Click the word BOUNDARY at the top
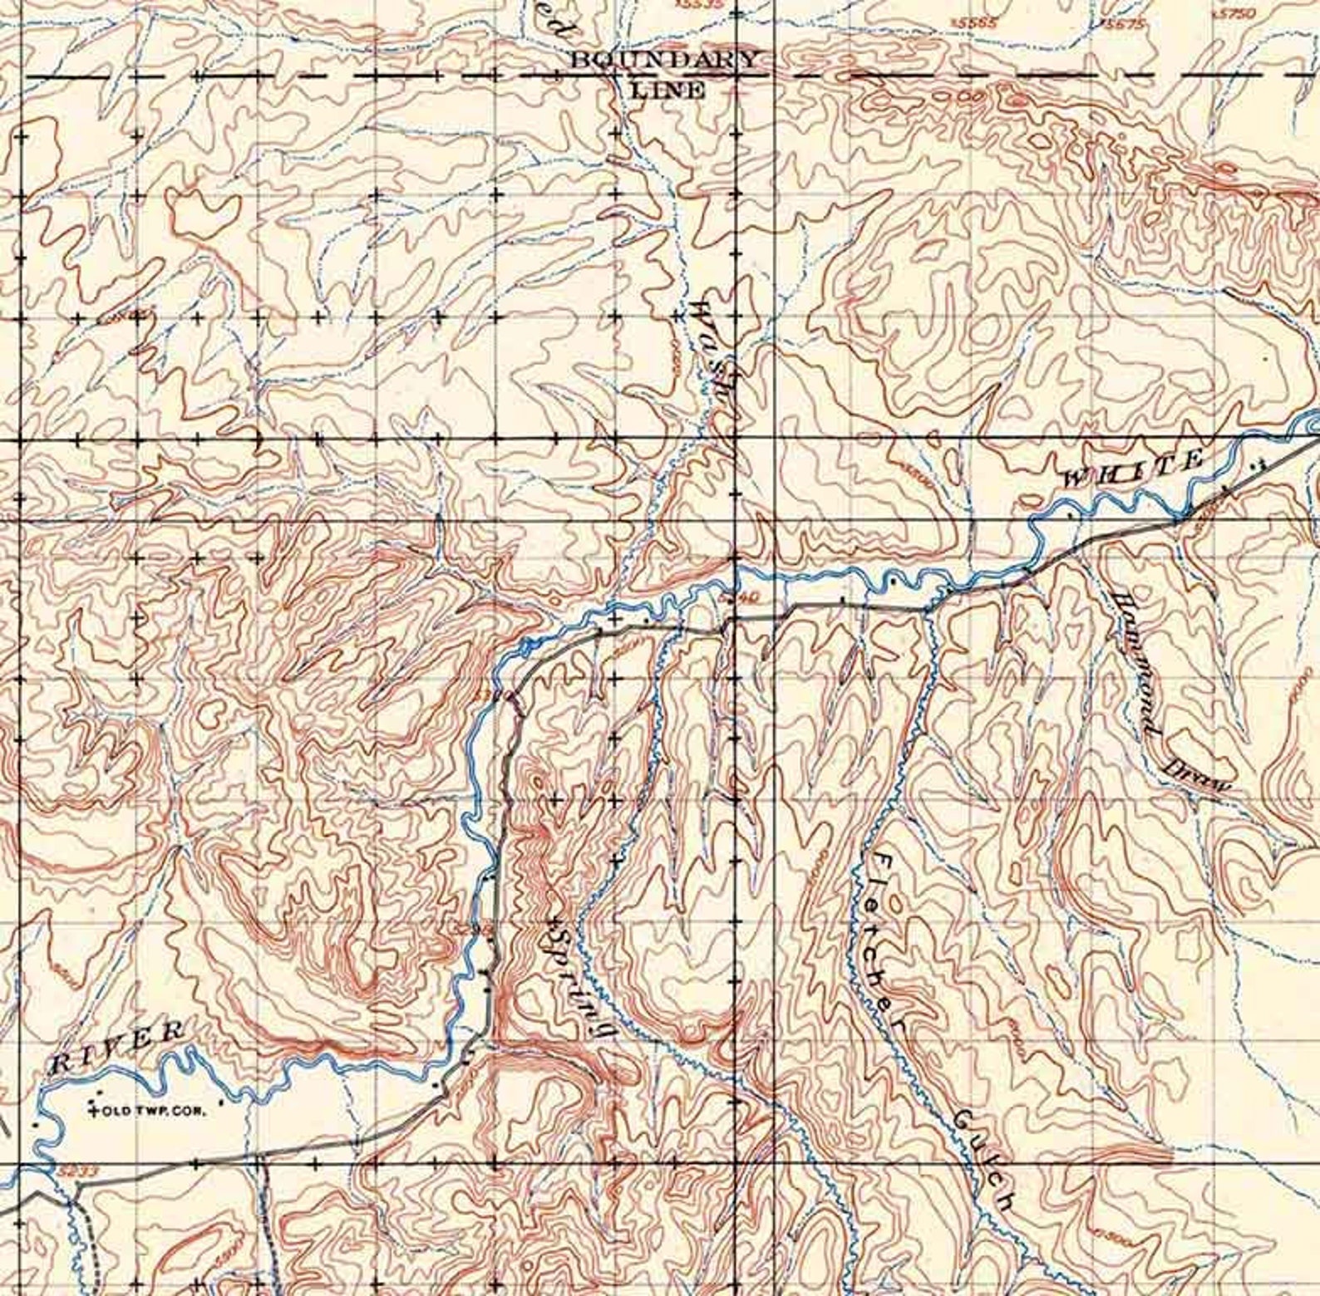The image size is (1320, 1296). click(663, 59)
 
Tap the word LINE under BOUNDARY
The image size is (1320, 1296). click(667, 90)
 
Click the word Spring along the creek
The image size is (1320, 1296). click(584, 981)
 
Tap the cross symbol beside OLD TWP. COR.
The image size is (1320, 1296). click(93, 1108)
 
